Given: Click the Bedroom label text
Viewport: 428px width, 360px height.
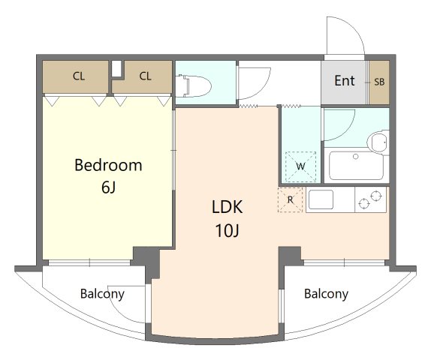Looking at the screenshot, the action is coord(108,165).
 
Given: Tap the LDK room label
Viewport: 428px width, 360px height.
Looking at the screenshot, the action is coord(227,207).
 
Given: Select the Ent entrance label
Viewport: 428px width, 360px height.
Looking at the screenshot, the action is coord(345,80).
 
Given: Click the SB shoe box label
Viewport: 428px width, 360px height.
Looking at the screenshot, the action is coord(379,82).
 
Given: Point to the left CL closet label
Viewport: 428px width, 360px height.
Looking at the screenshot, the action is coord(79,76).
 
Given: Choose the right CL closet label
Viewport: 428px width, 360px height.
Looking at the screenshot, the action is coord(145,76).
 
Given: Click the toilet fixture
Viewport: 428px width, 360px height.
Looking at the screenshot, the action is coord(193,86).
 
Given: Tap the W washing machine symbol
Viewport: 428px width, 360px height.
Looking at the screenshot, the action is coord(300,166).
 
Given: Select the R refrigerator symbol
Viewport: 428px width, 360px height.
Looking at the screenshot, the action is coord(290,200).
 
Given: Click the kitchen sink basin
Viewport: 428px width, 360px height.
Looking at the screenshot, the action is coord(321,199).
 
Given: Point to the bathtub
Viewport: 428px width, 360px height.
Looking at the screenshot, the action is coord(356,166).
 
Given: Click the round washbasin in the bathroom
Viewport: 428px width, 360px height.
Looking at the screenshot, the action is coord(378,142).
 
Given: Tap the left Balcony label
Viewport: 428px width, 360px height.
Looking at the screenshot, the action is coord(102,294).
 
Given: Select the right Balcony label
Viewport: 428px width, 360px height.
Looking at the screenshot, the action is coord(326,294).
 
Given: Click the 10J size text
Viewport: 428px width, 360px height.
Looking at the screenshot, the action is coord(227,230).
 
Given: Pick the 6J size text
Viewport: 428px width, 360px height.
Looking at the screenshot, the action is coord(108,187).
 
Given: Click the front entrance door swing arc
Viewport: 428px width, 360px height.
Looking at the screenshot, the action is coord(354,26).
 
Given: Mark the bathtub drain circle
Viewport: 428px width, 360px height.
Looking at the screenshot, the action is coord(355,157).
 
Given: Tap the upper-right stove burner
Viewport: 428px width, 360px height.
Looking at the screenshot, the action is coord(376,195).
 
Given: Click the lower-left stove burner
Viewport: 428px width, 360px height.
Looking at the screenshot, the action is coord(364,204).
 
